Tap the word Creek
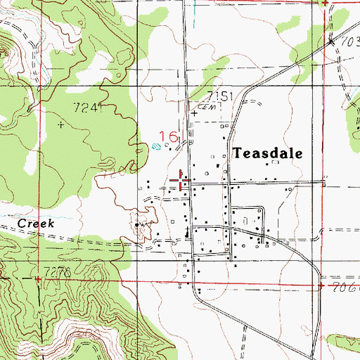36,223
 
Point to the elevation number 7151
219,96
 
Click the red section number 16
170,136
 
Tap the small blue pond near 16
156,147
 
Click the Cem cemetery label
205,107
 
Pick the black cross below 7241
60,124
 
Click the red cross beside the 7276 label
37,279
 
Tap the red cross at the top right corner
325,4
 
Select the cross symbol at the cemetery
195,112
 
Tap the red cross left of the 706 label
320,287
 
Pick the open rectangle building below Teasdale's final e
276,162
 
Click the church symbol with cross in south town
186,233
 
